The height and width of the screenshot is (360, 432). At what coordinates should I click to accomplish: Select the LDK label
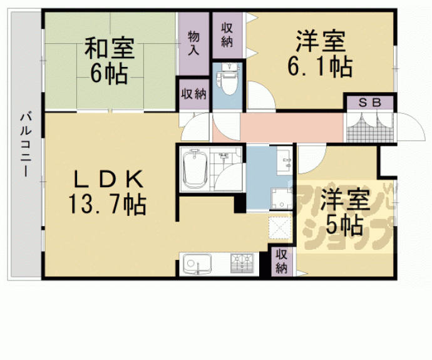coord(109,180)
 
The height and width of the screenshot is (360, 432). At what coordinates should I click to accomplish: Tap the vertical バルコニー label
coord(25,143)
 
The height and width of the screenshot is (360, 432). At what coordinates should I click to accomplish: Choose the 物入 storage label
coord(194,44)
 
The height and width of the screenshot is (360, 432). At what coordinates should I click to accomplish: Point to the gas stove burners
coord(242,263)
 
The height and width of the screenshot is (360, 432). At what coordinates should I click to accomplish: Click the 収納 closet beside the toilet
coord(227,35)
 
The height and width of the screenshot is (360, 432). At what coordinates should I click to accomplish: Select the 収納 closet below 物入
coord(193,95)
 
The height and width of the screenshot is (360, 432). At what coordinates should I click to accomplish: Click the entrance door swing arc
coord(410,128)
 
